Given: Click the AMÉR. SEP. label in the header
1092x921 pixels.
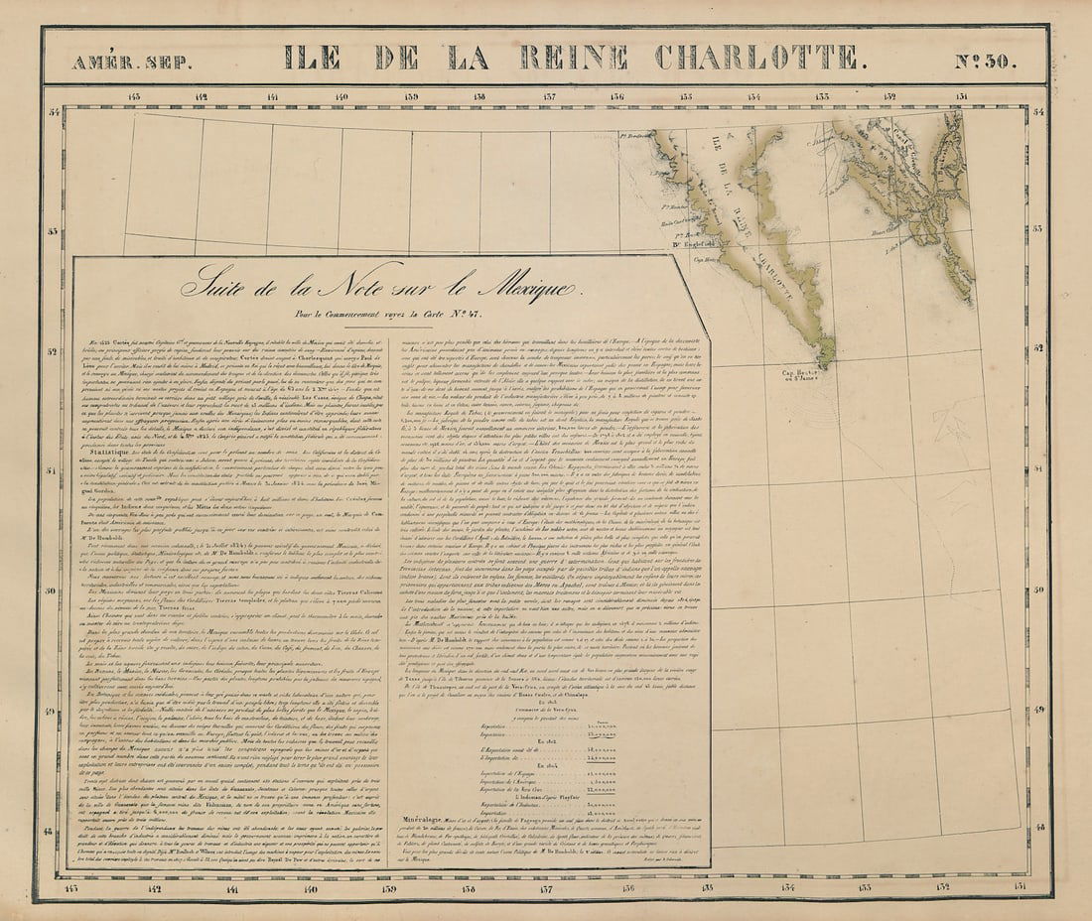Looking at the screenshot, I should coord(131,60).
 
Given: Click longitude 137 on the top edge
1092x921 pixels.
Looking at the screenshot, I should coord(548,96).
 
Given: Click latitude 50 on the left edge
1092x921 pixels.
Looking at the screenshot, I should coord(54,590).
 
